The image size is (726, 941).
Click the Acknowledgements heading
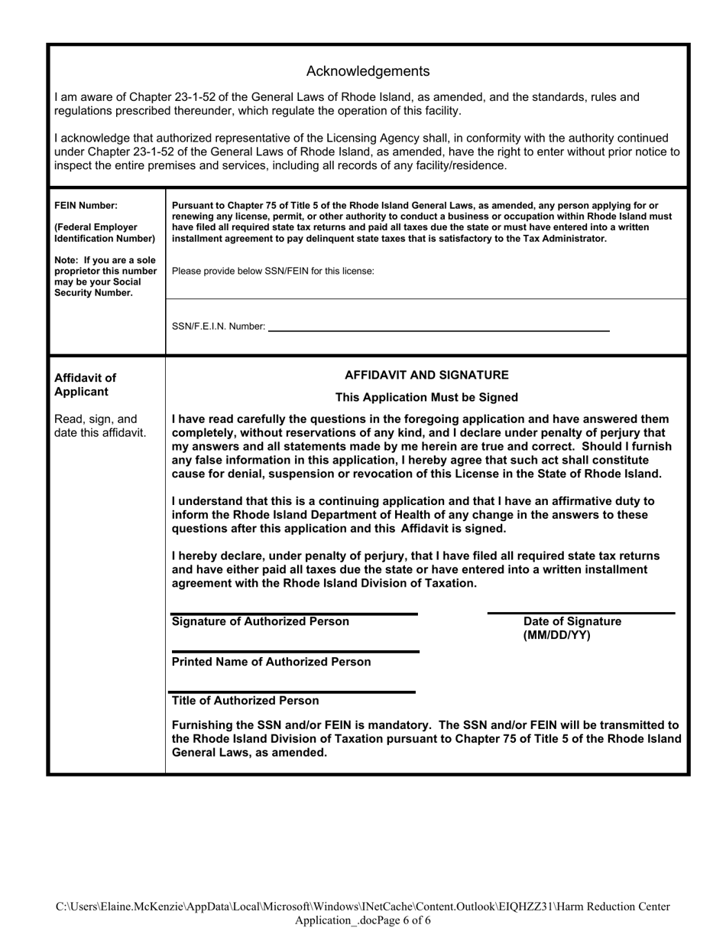(368, 71)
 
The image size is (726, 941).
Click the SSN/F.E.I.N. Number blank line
(439, 329)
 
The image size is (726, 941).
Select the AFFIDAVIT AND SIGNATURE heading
(426, 375)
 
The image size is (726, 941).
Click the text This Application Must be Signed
(426, 397)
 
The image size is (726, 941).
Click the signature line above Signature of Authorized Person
(294, 614)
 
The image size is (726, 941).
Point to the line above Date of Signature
(581, 613)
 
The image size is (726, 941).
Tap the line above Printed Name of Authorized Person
(295, 652)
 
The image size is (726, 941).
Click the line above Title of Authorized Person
(293, 692)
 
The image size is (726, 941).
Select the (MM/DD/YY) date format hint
(556, 636)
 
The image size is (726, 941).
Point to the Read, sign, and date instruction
(99, 426)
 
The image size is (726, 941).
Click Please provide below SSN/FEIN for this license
(274, 271)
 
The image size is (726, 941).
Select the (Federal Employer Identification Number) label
(105, 233)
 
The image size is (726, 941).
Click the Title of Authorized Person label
(245, 701)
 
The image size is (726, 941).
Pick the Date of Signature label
(572, 621)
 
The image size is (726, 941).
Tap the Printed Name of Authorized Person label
(271, 662)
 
